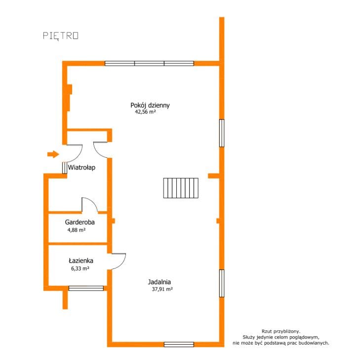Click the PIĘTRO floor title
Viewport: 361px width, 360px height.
click(x=61, y=36)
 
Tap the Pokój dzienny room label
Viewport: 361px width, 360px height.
click(x=150, y=105)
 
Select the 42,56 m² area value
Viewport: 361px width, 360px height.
click(x=145, y=112)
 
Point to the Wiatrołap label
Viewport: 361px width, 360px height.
click(x=81, y=167)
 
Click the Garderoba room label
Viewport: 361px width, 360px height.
click(x=80, y=222)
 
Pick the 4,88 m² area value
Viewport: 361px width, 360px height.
click(x=77, y=230)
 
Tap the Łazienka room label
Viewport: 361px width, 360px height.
click(x=81, y=261)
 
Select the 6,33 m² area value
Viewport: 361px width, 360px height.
click(x=80, y=269)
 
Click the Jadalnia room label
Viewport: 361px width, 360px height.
click(x=160, y=282)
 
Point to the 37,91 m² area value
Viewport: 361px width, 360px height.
click(x=162, y=289)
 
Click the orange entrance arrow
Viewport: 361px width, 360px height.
click(x=53, y=154)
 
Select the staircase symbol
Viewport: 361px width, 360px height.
click(x=181, y=188)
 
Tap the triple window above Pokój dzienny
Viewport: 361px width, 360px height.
click(x=149, y=63)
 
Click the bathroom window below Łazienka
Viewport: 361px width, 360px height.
click(x=86, y=288)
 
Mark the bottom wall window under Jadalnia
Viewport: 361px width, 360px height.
click(x=179, y=344)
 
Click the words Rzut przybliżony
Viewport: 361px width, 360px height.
click(x=281, y=331)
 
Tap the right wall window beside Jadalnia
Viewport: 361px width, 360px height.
click(x=222, y=283)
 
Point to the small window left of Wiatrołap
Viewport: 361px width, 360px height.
click(x=65, y=168)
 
